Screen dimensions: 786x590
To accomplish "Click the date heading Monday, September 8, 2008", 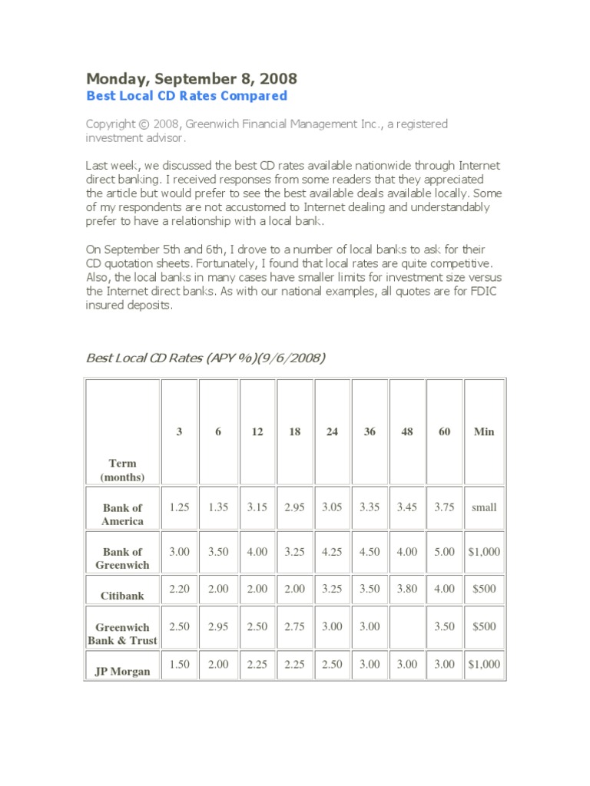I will click(x=191, y=78).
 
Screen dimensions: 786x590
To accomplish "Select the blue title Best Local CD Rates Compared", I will click(x=186, y=96).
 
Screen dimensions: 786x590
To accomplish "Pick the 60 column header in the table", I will click(x=444, y=432).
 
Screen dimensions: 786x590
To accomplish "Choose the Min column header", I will click(x=484, y=432).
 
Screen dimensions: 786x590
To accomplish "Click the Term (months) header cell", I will click(x=123, y=470).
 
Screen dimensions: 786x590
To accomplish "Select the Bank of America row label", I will click(x=123, y=514).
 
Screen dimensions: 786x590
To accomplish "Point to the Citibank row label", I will click(x=123, y=596).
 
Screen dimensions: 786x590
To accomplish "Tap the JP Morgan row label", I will click(x=123, y=672).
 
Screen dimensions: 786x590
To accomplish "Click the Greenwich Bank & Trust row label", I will click(x=123, y=634).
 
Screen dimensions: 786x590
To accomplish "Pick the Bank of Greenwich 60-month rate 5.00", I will click(x=444, y=552).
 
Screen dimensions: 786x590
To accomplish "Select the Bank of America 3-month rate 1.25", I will click(x=179, y=507).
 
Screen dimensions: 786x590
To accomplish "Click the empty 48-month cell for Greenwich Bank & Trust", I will click(x=407, y=627).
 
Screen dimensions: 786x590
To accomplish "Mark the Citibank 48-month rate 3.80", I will click(x=407, y=589).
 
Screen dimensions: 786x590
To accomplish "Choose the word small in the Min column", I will click(x=484, y=507).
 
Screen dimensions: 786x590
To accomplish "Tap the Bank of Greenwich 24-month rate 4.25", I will click(x=332, y=552).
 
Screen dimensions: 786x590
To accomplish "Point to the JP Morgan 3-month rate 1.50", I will click(x=179, y=665).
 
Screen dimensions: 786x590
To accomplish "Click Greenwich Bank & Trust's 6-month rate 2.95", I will click(x=218, y=627).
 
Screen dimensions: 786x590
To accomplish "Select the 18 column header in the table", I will click(x=295, y=432).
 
